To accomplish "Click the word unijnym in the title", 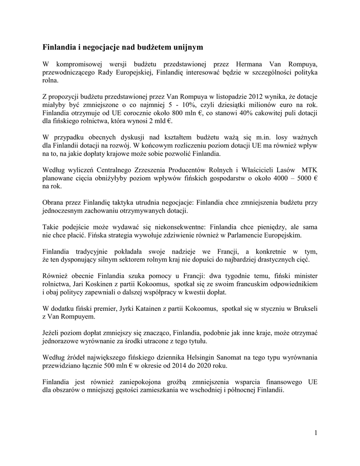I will (183, 47).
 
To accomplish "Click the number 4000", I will (274, 178).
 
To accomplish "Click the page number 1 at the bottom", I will (315, 432).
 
